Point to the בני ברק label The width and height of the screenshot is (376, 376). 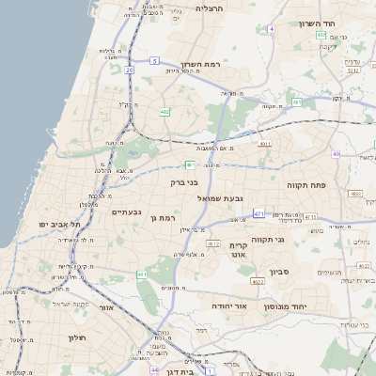(x=185, y=182)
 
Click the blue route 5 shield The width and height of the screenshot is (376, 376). (x=153, y=60)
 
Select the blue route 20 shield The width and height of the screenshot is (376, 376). (x=128, y=69)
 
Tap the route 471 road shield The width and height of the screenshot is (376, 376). (x=258, y=214)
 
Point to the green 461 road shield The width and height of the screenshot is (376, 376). (x=141, y=274)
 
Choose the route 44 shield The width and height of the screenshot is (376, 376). (x=153, y=370)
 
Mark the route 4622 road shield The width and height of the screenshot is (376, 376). (x=258, y=280)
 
